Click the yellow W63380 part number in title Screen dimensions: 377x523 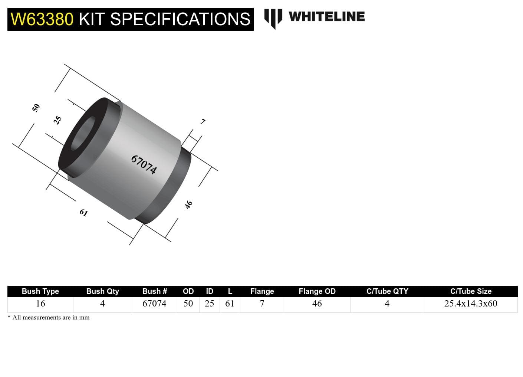[x=42, y=19]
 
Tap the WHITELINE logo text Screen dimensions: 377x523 [x=326, y=17]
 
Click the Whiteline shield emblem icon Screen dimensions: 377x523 [x=273, y=18]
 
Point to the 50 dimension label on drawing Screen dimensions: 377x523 [x=36, y=108]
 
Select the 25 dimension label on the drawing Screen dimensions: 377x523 [x=57, y=120]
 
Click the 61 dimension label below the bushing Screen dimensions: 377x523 [x=83, y=213]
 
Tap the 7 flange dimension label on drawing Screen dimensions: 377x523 [x=203, y=121]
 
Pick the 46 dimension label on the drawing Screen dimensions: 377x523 [x=189, y=204]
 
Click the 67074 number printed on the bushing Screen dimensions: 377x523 [x=144, y=164]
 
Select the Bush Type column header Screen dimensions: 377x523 [x=40, y=291]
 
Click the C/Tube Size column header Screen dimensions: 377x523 [x=471, y=291]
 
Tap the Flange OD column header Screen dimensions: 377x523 [x=317, y=291]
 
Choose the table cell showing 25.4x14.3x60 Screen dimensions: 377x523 [x=471, y=304]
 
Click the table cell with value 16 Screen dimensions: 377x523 [x=40, y=304]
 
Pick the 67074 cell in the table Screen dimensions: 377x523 [x=154, y=304]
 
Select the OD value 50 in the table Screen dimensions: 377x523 [x=188, y=304]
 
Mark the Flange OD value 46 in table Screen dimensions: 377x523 [x=317, y=304]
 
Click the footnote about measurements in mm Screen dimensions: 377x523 [x=49, y=318]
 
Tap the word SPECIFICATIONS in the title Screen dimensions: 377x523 [x=180, y=19]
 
